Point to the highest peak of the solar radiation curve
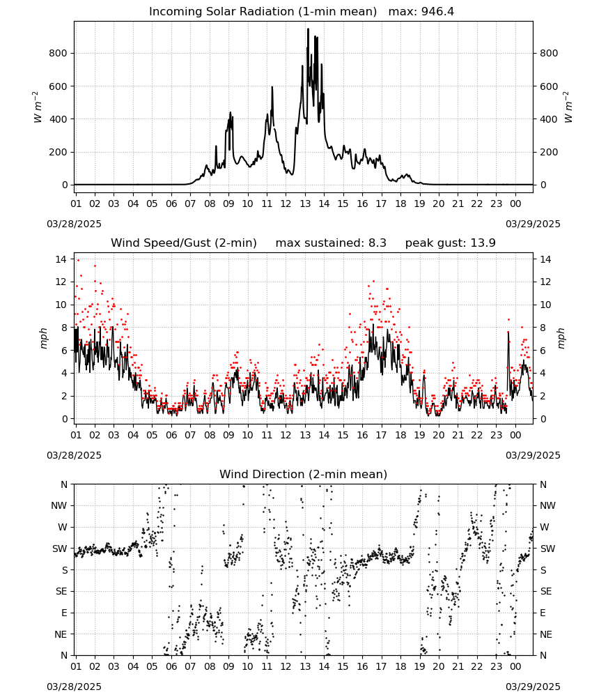tap(309, 29)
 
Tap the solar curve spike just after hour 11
tap(272, 88)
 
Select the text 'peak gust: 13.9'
tap(451, 243)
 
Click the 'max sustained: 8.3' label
tap(331, 243)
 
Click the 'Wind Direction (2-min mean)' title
tap(304, 474)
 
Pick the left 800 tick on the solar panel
tap(59, 54)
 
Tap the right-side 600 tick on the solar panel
tap(549, 86)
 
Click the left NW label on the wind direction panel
tap(59, 506)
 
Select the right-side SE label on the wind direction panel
tap(546, 591)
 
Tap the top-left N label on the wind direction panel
tap(64, 484)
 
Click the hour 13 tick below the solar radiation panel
tap(305, 204)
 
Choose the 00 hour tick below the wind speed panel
tap(515, 435)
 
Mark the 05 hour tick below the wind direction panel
tap(152, 666)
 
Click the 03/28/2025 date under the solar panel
tap(74, 224)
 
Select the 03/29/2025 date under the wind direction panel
tap(533, 687)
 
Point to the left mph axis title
tap(43, 338)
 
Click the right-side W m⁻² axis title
tap(568, 107)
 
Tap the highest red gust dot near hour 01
tap(78, 260)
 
